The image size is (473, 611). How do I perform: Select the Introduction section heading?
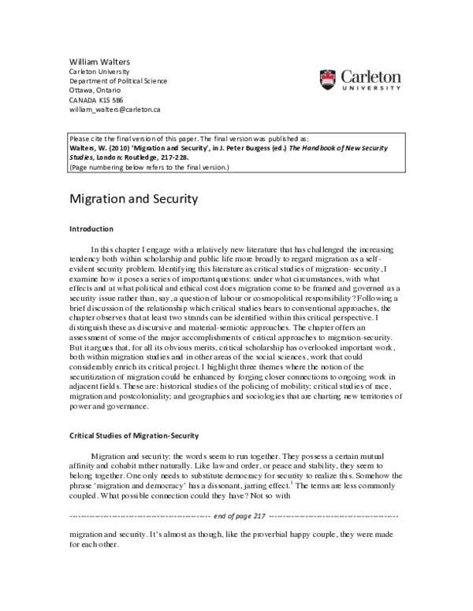coord(92,229)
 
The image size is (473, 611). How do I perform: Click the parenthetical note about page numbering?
coord(149,166)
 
